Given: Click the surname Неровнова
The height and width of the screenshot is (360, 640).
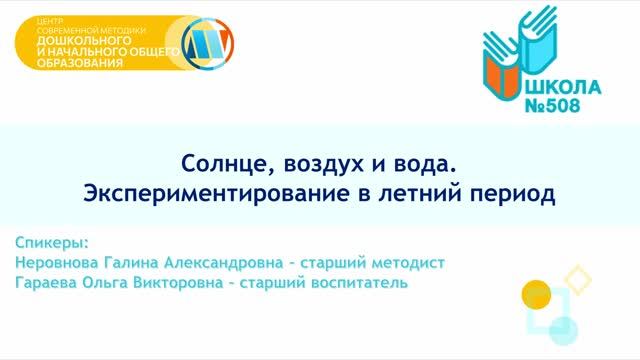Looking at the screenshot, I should point(63,262).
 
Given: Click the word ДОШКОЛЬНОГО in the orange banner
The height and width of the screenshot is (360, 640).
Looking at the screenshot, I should point(77,42).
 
